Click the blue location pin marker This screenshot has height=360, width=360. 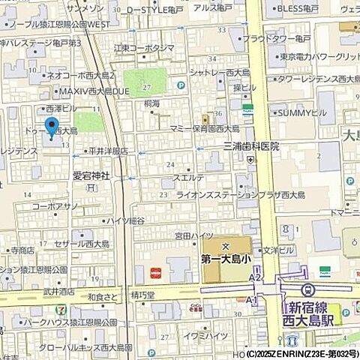pyautogui.click(x=51, y=128)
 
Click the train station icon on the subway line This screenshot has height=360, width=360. pyautogui.click(x=306, y=290)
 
